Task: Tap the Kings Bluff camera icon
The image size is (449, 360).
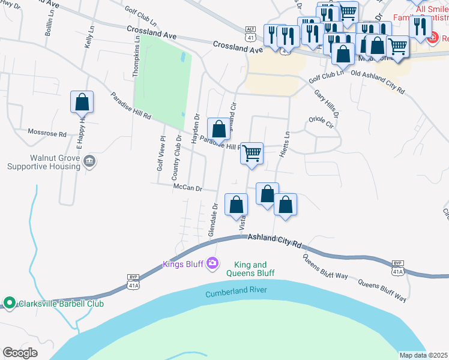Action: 211,263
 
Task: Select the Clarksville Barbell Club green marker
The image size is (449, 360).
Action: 9,303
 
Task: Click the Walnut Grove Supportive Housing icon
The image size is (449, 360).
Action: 89,160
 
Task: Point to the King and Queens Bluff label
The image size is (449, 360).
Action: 250,269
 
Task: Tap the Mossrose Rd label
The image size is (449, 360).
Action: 47,133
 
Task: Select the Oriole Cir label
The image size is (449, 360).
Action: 321,122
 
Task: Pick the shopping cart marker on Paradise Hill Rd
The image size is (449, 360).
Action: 252,153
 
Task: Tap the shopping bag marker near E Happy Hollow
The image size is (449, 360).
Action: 82,102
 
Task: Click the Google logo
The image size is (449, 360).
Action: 20,353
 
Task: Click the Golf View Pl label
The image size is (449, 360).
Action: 160,154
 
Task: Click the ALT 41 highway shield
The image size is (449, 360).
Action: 251,29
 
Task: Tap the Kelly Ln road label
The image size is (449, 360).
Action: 90,38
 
